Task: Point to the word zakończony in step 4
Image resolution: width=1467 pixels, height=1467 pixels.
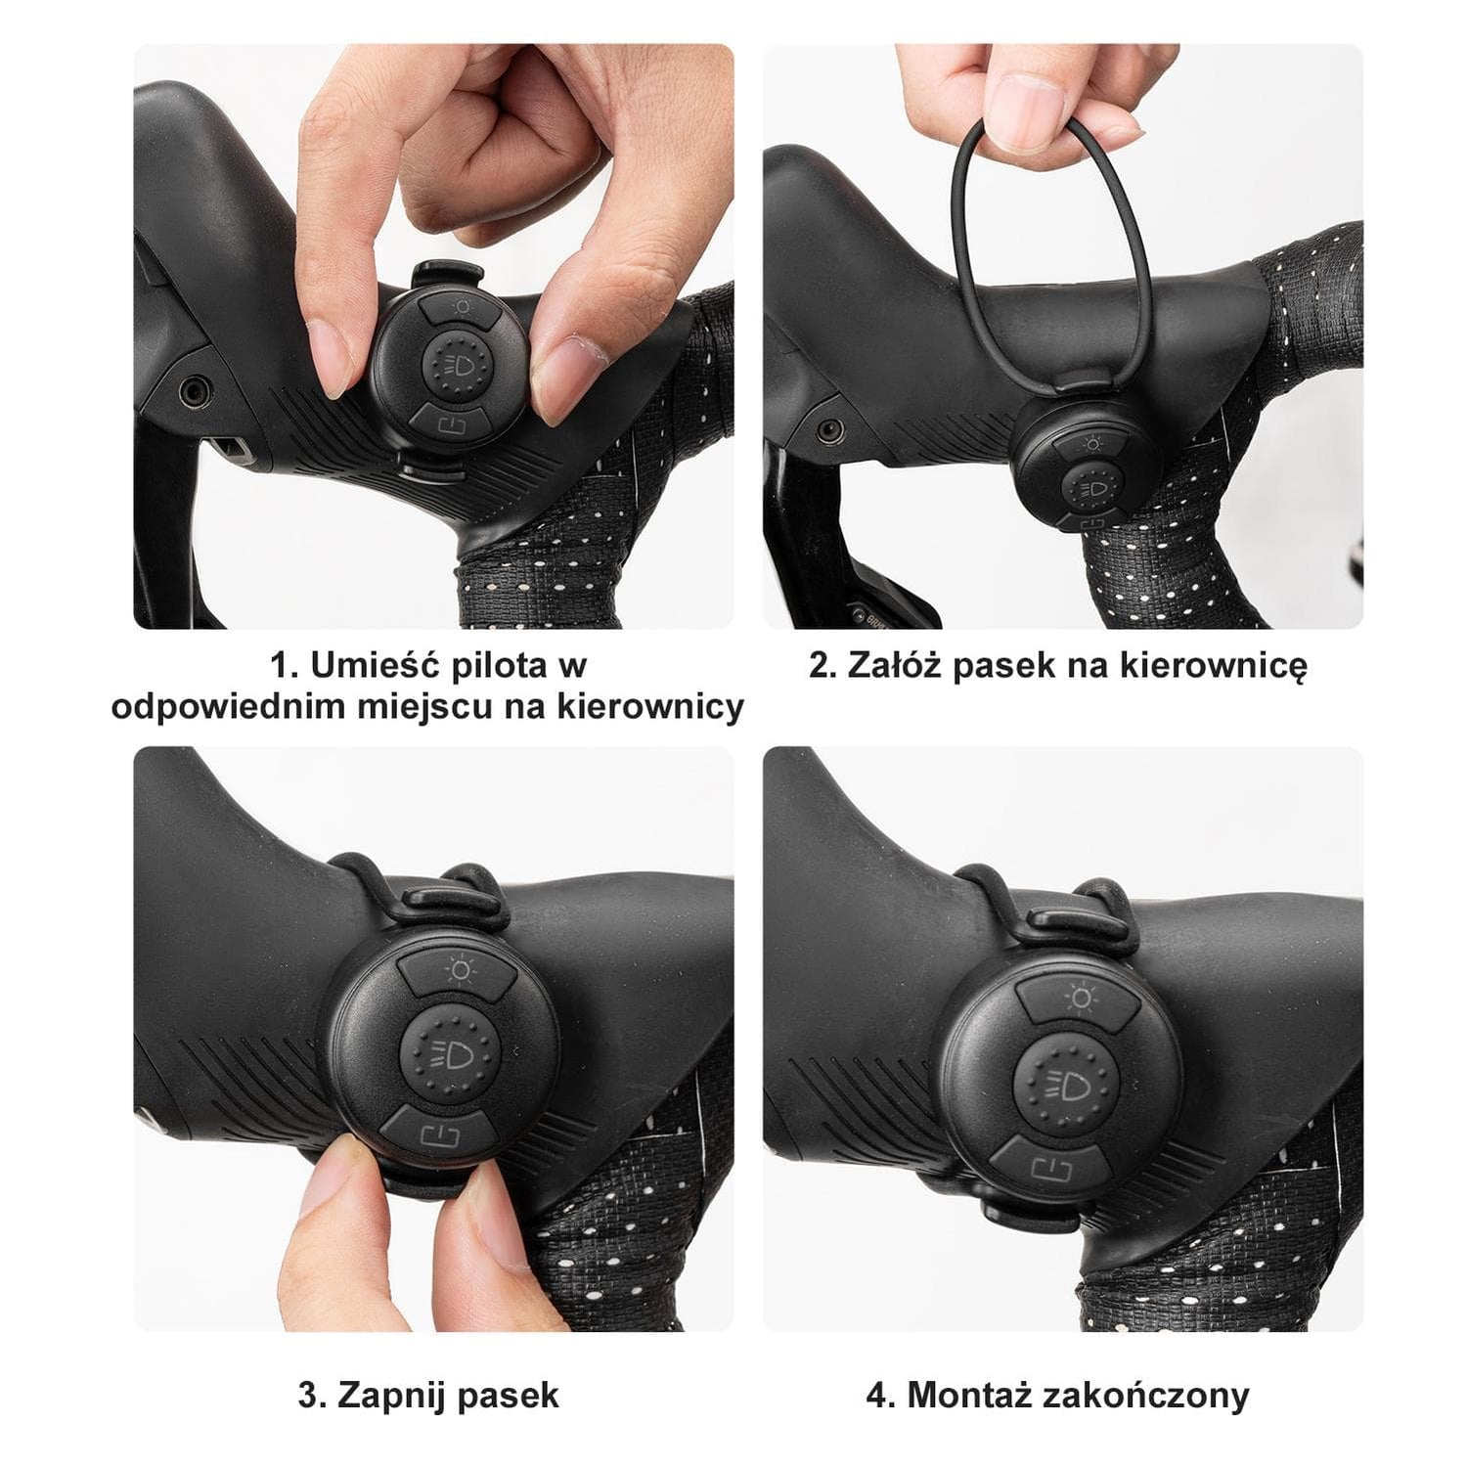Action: coord(1147,1396)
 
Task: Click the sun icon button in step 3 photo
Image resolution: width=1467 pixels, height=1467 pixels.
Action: coord(456,974)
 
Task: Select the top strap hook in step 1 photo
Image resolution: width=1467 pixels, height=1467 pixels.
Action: coord(446,276)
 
